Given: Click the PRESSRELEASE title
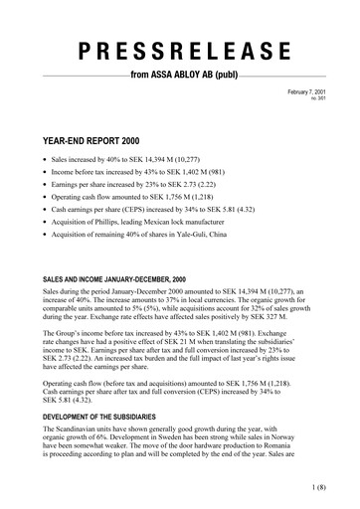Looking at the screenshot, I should [x=179, y=51].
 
